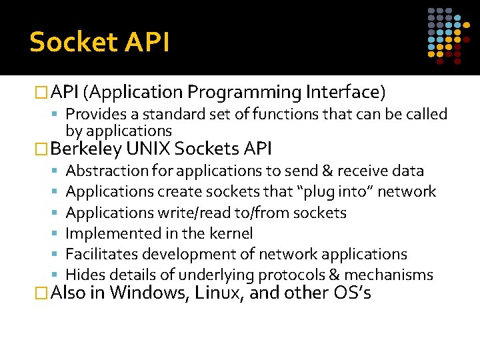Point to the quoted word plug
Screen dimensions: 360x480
(x=319, y=192)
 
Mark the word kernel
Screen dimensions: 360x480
(x=229, y=233)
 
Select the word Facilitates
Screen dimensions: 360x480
(x=101, y=254)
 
